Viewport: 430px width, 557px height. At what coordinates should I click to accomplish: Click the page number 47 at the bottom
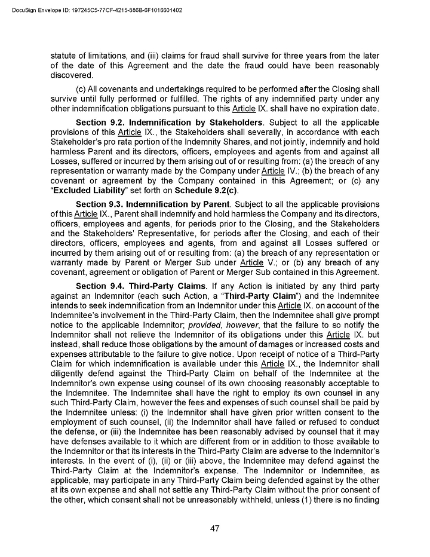point(215,528)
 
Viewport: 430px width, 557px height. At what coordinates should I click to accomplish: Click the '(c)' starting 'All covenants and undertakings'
point(82,90)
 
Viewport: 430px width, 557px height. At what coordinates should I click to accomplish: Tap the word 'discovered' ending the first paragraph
point(72,75)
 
